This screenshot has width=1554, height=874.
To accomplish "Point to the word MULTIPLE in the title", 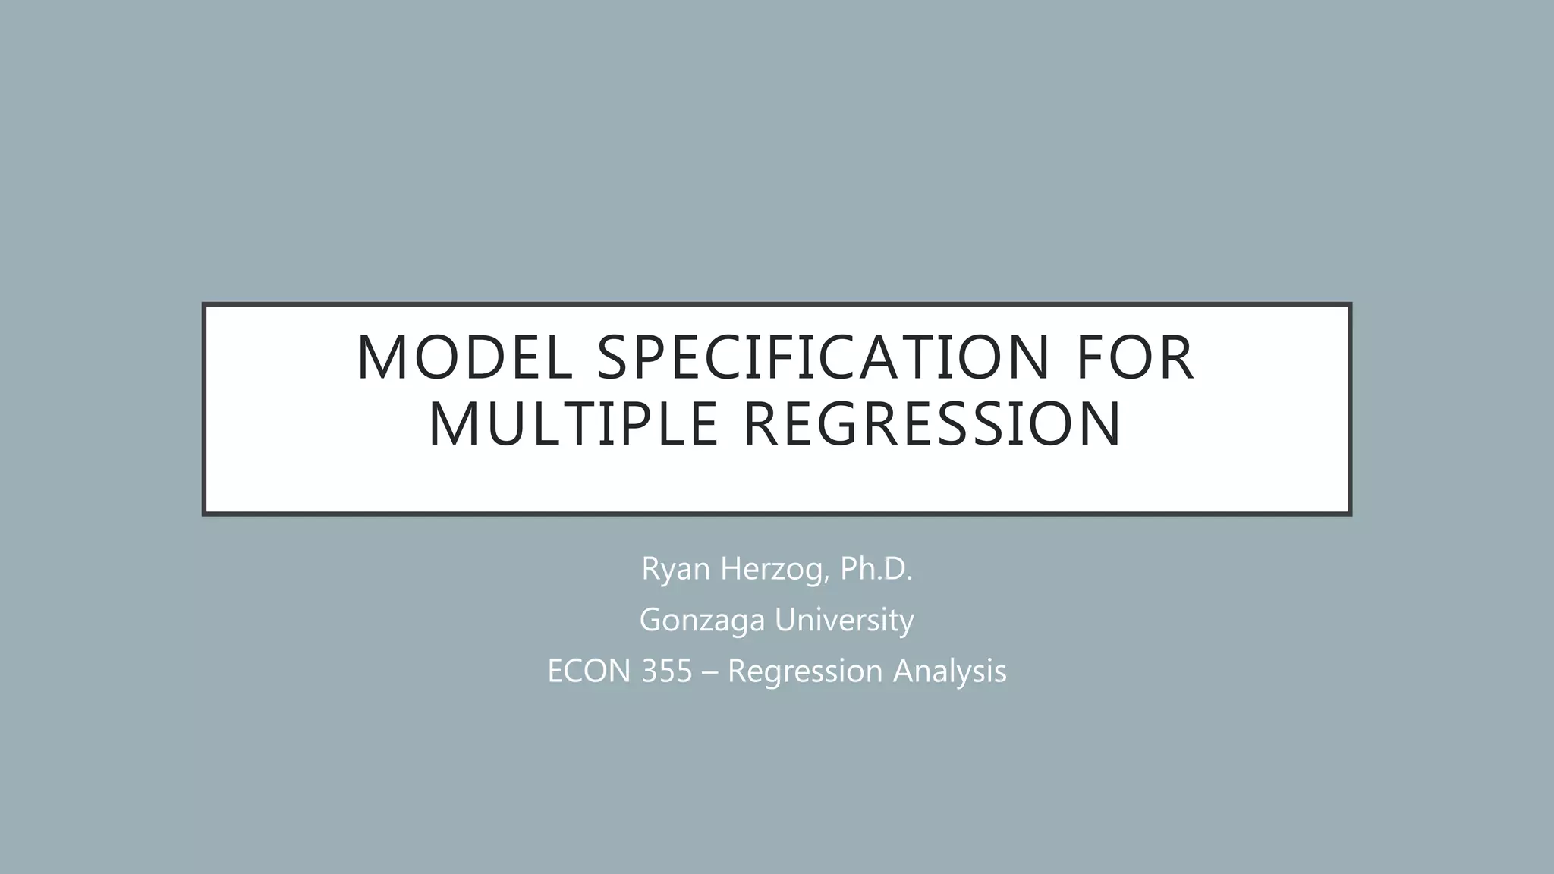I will point(573,424).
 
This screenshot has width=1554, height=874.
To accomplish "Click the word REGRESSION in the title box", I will point(932,424).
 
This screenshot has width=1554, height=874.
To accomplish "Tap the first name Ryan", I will point(677,569).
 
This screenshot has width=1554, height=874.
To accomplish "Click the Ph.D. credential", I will point(876,569).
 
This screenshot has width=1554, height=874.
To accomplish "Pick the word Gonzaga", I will point(703,620).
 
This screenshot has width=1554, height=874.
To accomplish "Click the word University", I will point(845,620).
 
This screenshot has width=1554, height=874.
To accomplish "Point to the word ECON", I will point(589,671).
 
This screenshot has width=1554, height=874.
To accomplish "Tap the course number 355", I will point(667,671).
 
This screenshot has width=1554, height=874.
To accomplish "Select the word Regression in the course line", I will point(806,671).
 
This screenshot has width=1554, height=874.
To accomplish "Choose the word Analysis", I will point(950,671).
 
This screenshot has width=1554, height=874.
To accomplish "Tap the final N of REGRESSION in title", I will point(1099,424).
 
